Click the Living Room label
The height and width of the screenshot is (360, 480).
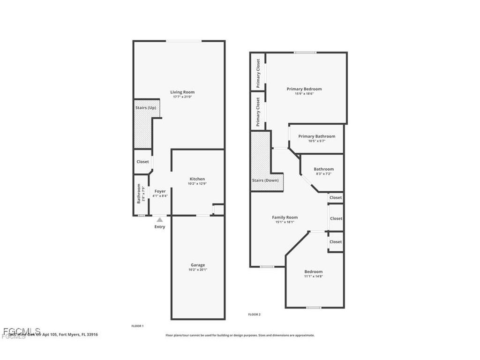tap(182, 92)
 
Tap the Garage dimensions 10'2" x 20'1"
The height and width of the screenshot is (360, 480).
tap(197, 270)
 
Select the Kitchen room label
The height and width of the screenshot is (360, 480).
tap(197, 179)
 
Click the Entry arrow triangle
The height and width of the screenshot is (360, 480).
tap(160, 219)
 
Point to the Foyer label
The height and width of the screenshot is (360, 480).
tap(160, 191)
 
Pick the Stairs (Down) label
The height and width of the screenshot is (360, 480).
tap(265, 180)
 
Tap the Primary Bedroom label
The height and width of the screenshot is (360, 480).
tap(304, 89)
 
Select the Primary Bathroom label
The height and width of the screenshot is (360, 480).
tap(316, 136)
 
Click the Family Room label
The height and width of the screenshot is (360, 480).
tap(285, 217)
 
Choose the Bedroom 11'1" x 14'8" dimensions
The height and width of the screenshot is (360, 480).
tap(313, 277)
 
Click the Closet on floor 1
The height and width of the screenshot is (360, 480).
tap(142, 162)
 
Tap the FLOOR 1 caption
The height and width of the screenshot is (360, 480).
tap(137, 326)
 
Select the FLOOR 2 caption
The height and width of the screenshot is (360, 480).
tap(255, 315)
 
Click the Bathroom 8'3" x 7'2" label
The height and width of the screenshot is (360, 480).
tap(323, 169)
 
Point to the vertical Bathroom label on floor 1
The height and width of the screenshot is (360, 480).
tap(139, 193)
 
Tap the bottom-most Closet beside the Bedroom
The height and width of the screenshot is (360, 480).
tap(336, 242)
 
